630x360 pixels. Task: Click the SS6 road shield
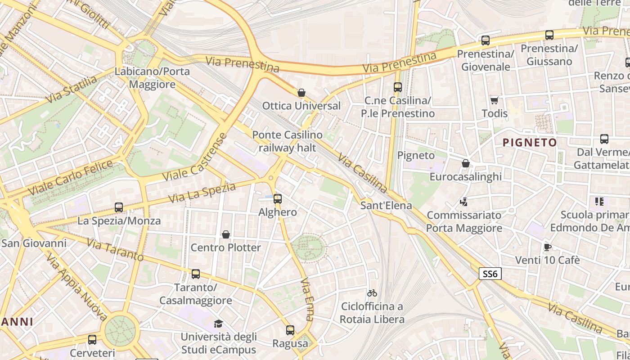coord(490,274)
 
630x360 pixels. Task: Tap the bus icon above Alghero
coord(278,198)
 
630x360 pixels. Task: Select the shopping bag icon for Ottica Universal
coord(301,93)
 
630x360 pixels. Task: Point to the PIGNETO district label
coord(530,143)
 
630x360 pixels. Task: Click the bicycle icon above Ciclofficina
coord(372,293)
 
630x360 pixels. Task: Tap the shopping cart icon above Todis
coord(494,100)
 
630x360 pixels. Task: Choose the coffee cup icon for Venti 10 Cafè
coord(547,247)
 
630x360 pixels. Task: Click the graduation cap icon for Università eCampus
coord(218,323)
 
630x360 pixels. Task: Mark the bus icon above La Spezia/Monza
coord(119,207)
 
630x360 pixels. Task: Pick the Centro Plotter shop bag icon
coord(226,234)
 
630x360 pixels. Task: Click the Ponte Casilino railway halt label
coord(287,141)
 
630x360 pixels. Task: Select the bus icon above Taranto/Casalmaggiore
coord(196,274)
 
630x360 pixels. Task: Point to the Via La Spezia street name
coord(202,193)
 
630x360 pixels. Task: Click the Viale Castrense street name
coord(194,158)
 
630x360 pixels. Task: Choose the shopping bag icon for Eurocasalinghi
coord(466,163)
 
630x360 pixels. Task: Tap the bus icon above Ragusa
coord(290,330)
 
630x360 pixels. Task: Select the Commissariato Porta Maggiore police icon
coord(464,202)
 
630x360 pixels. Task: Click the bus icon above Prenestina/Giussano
coord(549,35)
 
